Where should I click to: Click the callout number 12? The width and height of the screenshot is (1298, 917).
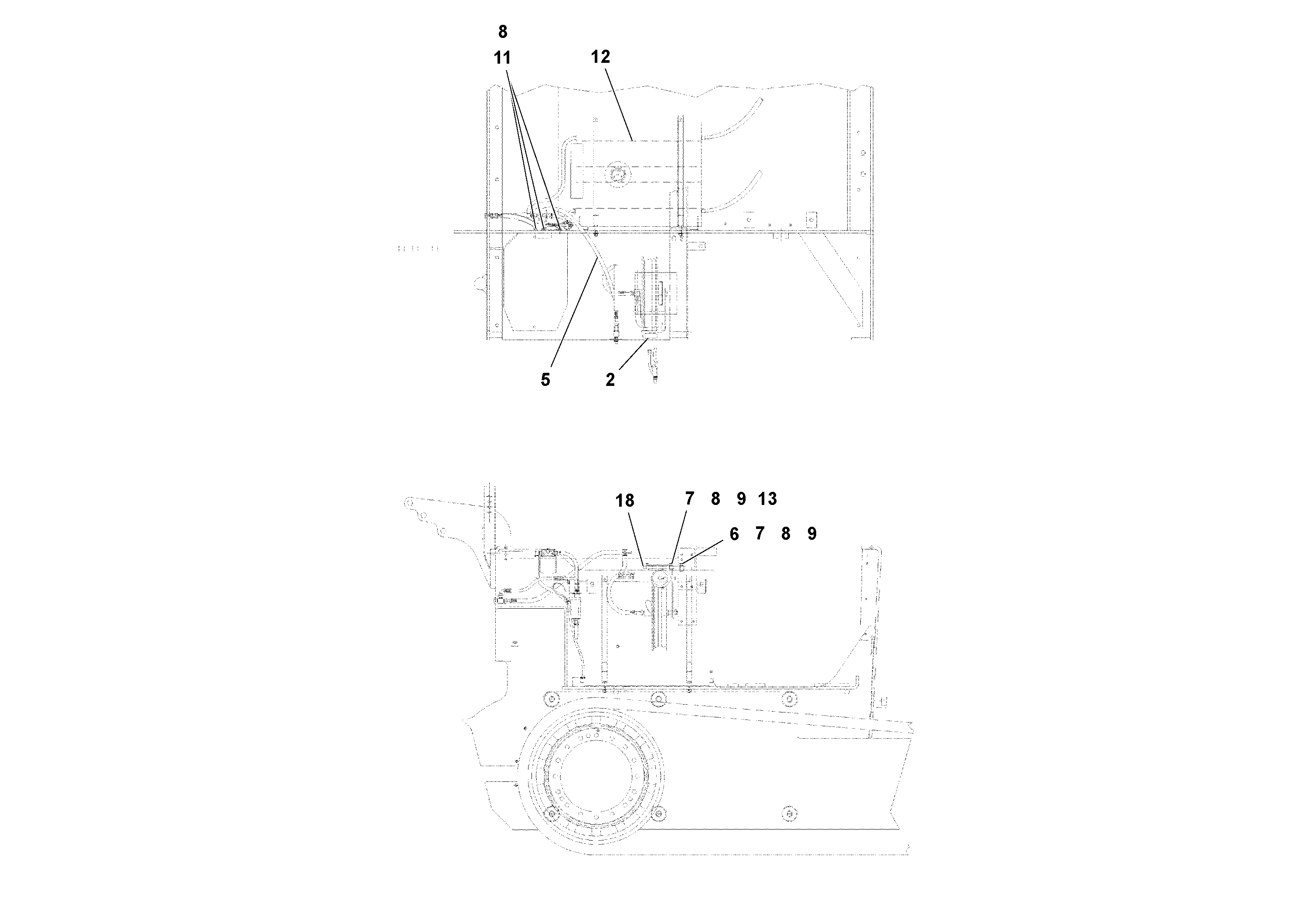(x=600, y=57)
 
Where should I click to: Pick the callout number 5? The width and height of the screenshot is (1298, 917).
(x=545, y=380)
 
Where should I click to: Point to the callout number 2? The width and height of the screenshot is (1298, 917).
(x=610, y=380)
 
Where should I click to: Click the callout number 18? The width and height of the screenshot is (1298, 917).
(x=625, y=501)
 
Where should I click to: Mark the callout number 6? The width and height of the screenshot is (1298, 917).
(x=734, y=534)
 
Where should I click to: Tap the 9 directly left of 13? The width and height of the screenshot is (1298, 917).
(x=741, y=499)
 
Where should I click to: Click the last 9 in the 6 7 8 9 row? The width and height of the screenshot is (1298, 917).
(x=812, y=534)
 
